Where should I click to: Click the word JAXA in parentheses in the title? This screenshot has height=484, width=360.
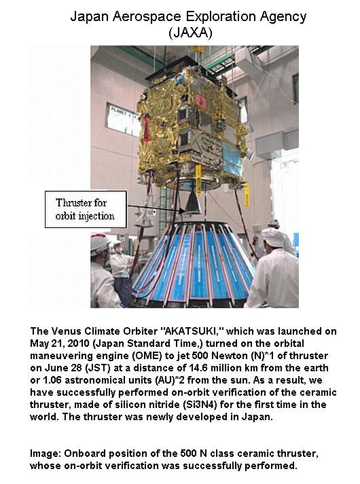click(x=190, y=33)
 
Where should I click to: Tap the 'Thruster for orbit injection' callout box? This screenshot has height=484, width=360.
click(x=86, y=209)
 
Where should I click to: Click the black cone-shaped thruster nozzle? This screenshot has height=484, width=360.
click(x=192, y=202)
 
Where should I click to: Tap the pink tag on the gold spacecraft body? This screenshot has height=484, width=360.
click(x=202, y=100)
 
